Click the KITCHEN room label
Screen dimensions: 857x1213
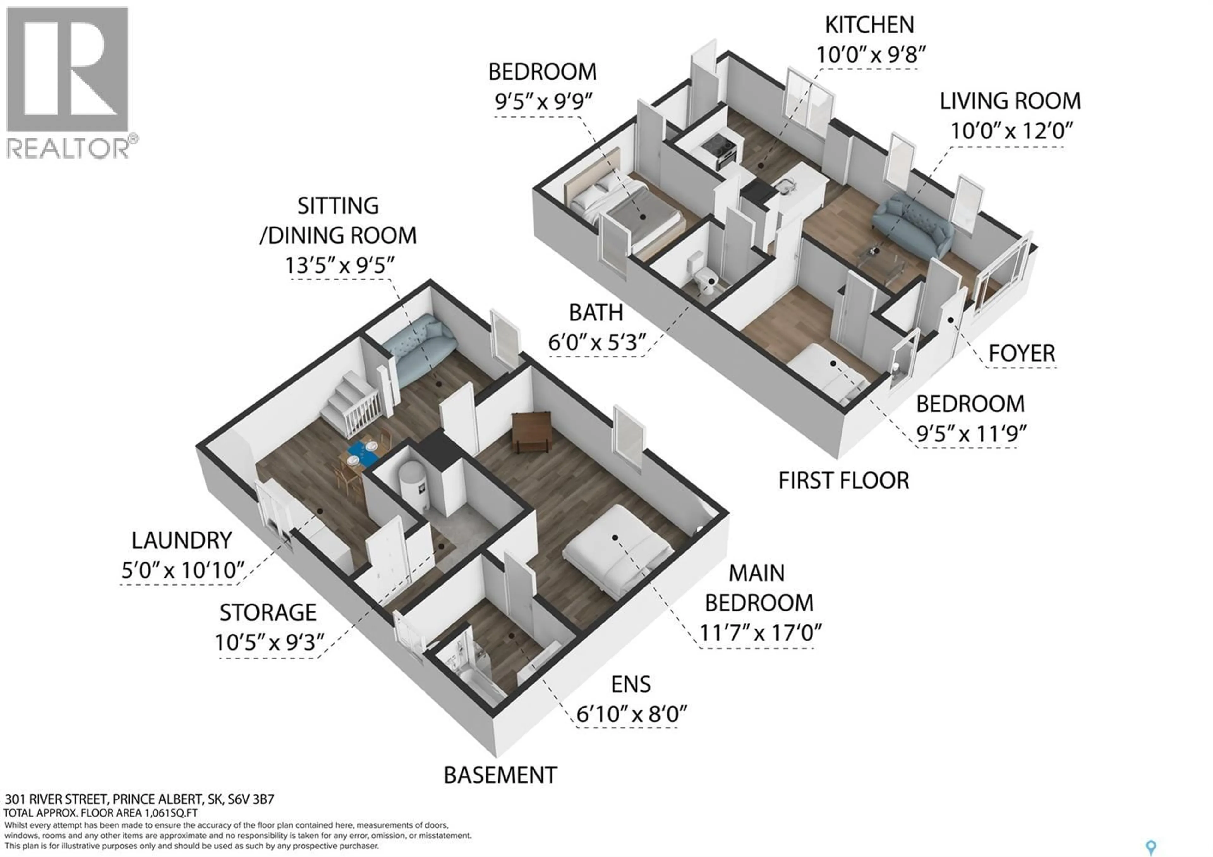[869, 25]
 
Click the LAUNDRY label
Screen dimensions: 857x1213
[181, 540]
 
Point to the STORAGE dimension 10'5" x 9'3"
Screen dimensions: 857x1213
[269, 642]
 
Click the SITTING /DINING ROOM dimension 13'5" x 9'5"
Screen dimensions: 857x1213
[340, 265]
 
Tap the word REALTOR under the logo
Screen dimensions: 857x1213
[68, 149]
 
